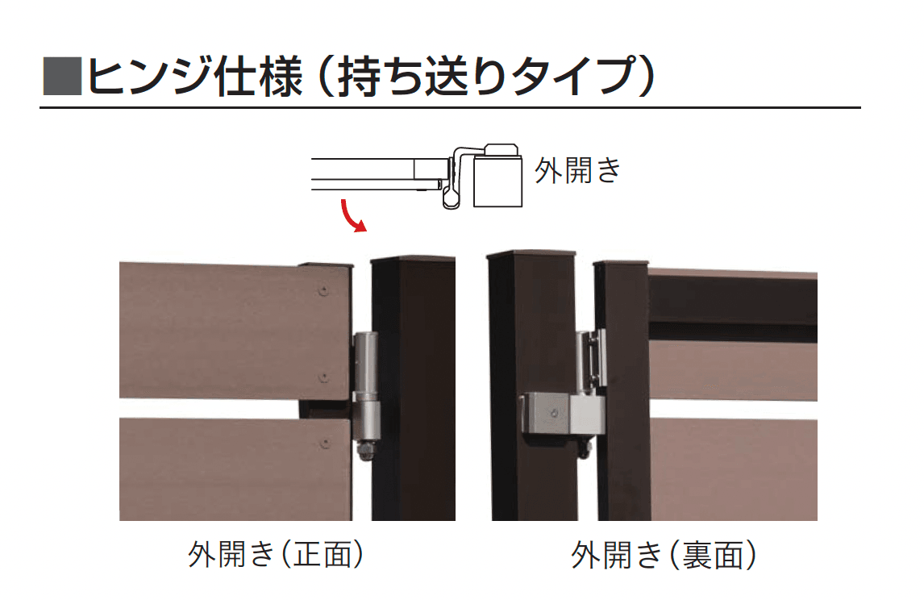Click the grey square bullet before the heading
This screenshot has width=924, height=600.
(x=62, y=76)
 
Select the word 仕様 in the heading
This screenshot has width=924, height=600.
(x=258, y=76)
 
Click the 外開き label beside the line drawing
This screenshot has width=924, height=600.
(x=577, y=171)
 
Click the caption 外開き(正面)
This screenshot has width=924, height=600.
(x=276, y=555)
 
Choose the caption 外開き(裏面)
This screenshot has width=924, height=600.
(x=664, y=555)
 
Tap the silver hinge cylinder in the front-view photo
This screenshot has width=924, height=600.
(x=365, y=386)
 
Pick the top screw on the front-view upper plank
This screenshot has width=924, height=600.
(x=323, y=290)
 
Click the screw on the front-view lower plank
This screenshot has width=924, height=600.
(x=323, y=443)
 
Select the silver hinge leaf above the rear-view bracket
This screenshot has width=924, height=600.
(x=592, y=359)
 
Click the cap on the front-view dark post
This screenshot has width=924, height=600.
(x=413, y=259)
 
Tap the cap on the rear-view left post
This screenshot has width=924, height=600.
(x=531, y=254)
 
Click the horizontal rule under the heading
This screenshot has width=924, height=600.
(x=450, y=108)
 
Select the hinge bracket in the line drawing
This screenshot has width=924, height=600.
(x=457, y=177)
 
